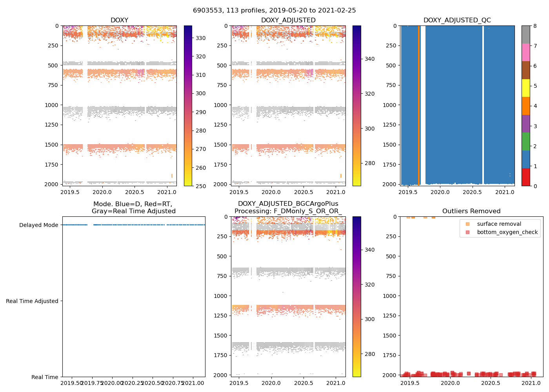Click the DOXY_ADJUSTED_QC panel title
click(x=457, y=20)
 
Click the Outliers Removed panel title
click(x=471, y=211)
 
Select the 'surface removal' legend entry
click(x=499, y=224)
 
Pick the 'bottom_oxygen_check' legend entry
click(x=507, y=232)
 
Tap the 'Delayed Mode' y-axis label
click(x=38, y=225)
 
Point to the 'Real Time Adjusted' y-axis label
click(x=32, y=301)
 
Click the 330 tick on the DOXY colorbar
click(x=201, y=38)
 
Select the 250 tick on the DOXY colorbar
click(x=201, y=186)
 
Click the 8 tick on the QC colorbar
click(x=535, y=26)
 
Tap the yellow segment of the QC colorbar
click(x=526, y=88)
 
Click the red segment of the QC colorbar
click(x=526, y=177)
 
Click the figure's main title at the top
click(x=274, y=11)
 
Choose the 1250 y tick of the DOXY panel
click(x=53, y=125)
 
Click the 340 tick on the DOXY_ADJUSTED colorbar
click(x=369, y=59)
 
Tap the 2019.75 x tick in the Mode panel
click(x=92, y=383)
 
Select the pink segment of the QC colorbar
click(x=526, y=52)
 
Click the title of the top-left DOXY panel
click(x=119, y=20)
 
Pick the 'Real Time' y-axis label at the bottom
click(x=45, y=377)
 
